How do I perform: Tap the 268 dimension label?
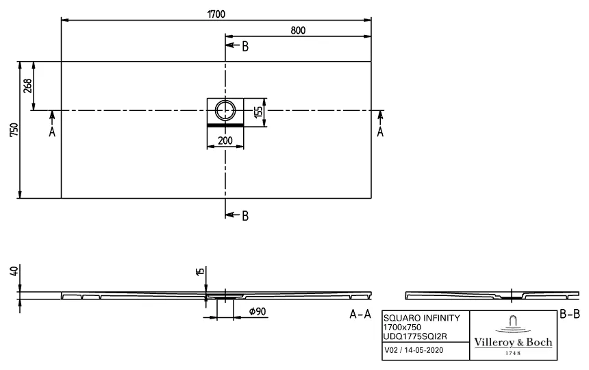pos(27,85)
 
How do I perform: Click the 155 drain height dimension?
pos(259,111)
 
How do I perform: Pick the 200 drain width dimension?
pos(225,141)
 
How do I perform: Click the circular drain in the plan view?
pos(225,110)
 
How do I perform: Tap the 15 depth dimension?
pos(199,272)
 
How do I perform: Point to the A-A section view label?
pos(360,314)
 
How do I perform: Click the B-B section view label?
pos(570,314)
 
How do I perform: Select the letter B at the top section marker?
pos(245,46)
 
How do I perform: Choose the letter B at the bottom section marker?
pos(245,215)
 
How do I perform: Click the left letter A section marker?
pos(52,132)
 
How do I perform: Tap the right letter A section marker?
pos(380,132)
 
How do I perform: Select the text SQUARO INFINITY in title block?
pos(416,319)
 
